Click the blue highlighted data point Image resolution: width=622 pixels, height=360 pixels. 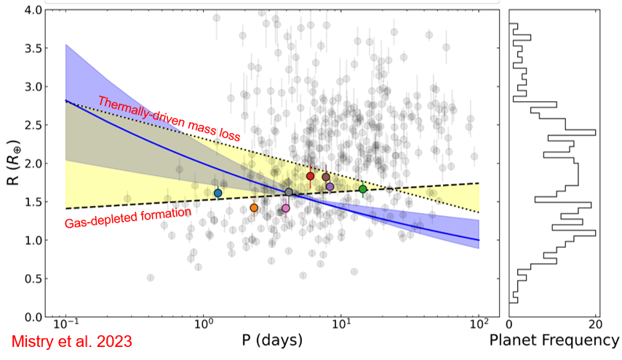218,193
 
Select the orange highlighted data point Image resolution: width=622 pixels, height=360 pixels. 254,208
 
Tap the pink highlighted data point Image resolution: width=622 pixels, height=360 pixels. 285,208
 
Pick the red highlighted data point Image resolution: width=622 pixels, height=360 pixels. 310,176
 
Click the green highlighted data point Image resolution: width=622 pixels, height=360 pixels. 362,189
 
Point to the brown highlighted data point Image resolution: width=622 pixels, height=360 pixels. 326,177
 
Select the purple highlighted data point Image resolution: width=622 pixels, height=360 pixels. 330,187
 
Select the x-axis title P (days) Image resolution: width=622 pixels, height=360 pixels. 272,340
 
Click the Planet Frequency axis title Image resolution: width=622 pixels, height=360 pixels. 554,340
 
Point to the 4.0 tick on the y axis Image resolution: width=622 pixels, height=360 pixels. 32,10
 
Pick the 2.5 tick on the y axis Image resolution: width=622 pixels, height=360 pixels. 32,125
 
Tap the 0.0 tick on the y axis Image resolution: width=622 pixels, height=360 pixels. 32,316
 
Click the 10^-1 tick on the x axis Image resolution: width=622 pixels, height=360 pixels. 65,325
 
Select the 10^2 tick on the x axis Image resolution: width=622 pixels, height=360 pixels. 478,325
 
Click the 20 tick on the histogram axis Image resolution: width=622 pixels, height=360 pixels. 596,325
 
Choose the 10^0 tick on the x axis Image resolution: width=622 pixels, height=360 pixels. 203,325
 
